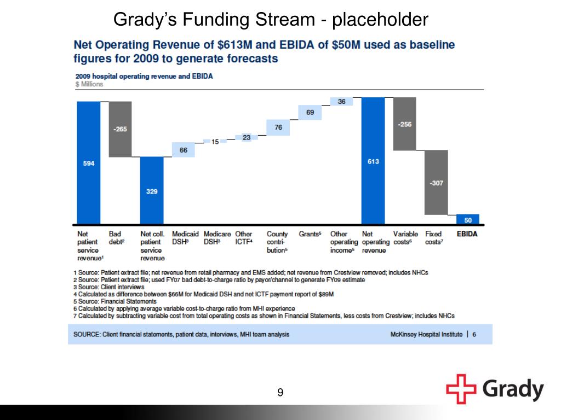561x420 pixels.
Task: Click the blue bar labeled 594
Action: (89, 163)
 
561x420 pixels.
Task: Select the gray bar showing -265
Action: (120, 129)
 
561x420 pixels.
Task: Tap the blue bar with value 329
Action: (152, 191)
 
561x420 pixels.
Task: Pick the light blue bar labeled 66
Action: (184, 150)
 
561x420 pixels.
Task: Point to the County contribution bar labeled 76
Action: (278, 127)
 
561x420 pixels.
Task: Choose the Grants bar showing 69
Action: (310, 112)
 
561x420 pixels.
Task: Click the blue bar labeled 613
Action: (373, 161)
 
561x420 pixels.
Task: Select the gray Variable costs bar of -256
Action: (405, 124)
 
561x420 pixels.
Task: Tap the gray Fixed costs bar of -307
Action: (437, 183)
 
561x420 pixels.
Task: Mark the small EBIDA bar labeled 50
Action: (468, 220)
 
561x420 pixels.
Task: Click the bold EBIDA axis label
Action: (467, 234)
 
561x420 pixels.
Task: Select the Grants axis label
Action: (310, 234)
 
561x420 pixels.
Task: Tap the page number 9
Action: (280, 392)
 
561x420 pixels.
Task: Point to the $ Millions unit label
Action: (89, 84)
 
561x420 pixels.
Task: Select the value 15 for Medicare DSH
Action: (215, 142)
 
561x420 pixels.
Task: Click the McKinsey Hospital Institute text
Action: (426, 334)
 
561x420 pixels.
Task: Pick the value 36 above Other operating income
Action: (342, 102)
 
